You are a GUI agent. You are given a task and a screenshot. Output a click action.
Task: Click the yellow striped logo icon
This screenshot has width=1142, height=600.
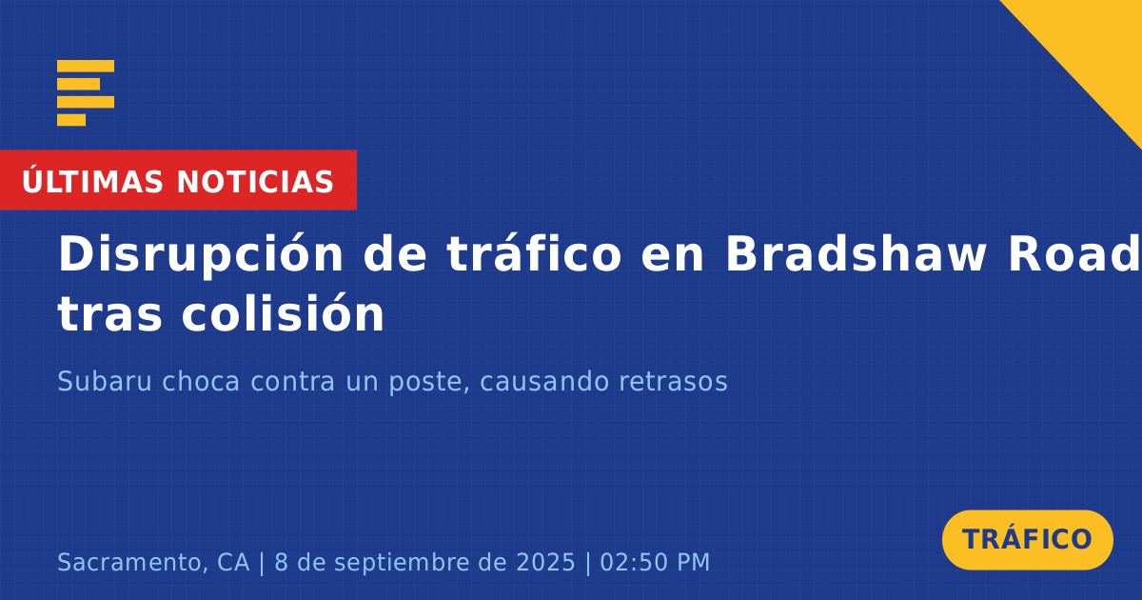coord(86,93)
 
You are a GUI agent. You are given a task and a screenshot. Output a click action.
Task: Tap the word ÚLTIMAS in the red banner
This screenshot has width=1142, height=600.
coord(92,182)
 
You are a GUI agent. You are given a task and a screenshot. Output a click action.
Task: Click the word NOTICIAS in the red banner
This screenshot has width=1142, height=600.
coord(255,182)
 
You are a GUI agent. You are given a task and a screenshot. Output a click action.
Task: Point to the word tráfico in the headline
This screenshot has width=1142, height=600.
coord(534,253)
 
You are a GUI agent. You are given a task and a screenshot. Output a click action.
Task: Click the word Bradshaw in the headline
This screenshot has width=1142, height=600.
coord(856,254)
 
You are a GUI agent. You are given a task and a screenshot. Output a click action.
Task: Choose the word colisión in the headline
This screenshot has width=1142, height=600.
coord(283,312)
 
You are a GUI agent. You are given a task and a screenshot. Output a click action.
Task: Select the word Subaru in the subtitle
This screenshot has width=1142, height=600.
coord(105,381)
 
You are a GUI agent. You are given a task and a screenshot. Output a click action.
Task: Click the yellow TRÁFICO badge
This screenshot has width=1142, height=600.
coord(1027,539)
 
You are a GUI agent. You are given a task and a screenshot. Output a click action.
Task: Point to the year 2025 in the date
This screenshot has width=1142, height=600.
coord(545,563)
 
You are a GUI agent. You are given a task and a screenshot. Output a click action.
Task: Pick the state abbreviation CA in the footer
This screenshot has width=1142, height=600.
coord(233,563)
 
